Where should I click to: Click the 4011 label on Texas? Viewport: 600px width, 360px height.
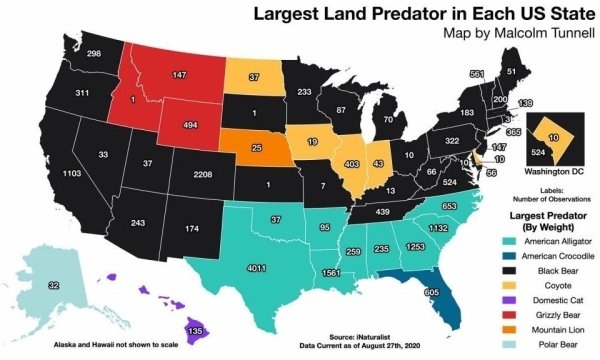(255, 268)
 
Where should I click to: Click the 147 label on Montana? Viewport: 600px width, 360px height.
(179, 75)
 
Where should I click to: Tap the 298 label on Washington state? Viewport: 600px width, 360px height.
(93, 52)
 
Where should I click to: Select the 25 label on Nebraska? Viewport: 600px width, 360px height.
(256, 148)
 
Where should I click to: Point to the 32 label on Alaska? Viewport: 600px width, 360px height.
(53, 285)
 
